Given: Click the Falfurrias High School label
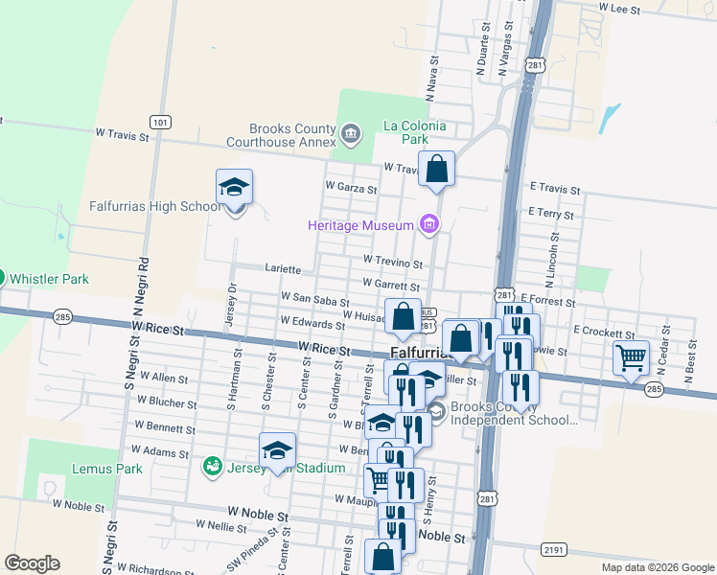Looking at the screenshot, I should pyautogui.click(x=155, y=206).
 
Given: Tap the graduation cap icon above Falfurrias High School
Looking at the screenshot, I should pyautogui.click(x=234, y=187).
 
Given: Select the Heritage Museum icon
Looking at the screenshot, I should pyautogui.click(x=428, y=225).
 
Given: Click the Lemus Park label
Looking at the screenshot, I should pyautogui.click(x=106, y=469).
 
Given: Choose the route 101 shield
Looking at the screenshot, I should pyautogui.click(x=160, y=122).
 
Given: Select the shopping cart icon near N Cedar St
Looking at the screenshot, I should pyautogui.click(x=631, y=358).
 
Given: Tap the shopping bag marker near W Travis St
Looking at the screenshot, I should pyautogui.click(x=436, y=170).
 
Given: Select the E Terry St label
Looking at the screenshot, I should pyautogui.click(x=549, y=214).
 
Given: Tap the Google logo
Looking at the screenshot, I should pyautogui.click(x=32, y=563).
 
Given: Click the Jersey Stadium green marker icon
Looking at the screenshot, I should pyautogui.click(x=212, y=467).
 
